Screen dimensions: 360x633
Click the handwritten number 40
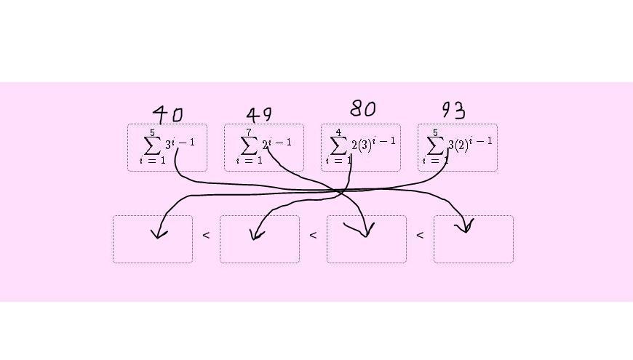click(x=168, y=114)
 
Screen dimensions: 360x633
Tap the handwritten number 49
click(x=259, y=115)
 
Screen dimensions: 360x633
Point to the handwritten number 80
click(x=362, y=109)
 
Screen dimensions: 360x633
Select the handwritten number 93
click(x=453, y=110)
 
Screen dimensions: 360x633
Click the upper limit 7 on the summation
click(x=249, y=132)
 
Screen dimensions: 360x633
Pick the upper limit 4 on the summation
click(x=338, y=132)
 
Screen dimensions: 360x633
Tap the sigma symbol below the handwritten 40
click(x=152, y=145)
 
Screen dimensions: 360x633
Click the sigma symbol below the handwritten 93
click(x=435, y=145)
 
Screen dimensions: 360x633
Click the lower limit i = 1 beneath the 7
click(x=249, y=161)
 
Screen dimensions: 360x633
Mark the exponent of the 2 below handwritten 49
click(x=281, y=141)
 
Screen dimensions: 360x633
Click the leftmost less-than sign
click(x=206, y=235)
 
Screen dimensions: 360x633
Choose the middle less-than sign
click(x=313, y=235)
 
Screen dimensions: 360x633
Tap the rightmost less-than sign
click(x=420, y=235)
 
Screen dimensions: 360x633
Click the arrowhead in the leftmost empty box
click(x=159, y=233)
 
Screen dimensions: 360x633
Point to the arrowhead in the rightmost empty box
click(x=464, y=228)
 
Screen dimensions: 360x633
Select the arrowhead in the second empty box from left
click(x=256, y=234)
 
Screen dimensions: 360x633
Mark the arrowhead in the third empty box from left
click(x=365, y=231)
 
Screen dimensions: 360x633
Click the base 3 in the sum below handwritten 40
click(x=168, y=144)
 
